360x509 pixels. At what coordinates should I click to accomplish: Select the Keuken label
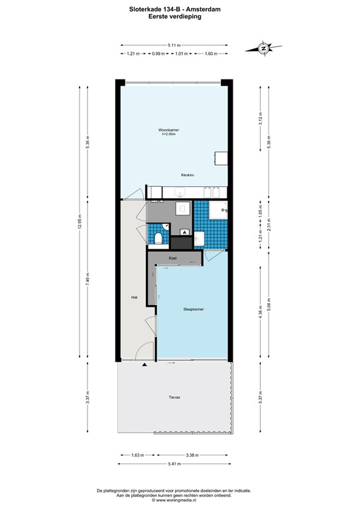pos(188,175)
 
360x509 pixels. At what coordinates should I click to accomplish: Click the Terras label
pos(174,398)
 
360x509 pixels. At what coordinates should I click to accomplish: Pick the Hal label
pos(134,298)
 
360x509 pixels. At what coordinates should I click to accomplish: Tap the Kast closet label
pos(172,257)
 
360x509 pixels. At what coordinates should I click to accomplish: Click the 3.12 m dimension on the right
pos(261,119)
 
